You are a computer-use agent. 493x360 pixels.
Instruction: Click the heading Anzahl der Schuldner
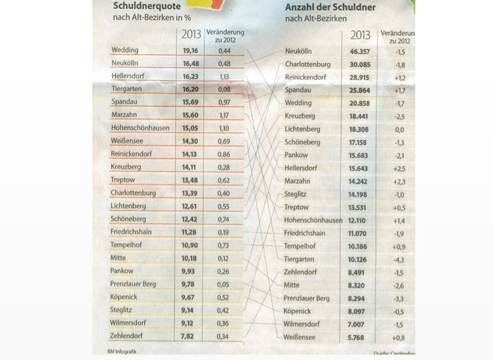point(330,7)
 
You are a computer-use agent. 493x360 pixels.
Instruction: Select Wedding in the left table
point(125,50)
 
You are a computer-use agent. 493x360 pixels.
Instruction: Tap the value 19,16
point(190,50)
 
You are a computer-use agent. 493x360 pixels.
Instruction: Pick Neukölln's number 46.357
point(359,51)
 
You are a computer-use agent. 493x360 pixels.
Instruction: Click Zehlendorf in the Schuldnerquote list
point(128,336)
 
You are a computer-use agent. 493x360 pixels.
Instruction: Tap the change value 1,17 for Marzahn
point(224,115)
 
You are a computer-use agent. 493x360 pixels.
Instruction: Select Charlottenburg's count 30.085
point(359,64)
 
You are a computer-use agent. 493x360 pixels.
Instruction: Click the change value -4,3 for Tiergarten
point(399,259)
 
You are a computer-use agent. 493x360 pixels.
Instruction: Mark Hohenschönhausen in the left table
point(140,128)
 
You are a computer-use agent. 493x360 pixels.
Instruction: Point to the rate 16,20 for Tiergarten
point(190,89)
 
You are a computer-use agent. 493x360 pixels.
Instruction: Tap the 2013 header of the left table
point(191,35)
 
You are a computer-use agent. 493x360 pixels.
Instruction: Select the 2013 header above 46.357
point(360,35)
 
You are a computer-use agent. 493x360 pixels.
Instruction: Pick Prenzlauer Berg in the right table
point(307,298)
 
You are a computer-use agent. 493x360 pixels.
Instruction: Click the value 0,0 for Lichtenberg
point(399,129)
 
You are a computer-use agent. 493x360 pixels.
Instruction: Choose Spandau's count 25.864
point(359,90)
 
